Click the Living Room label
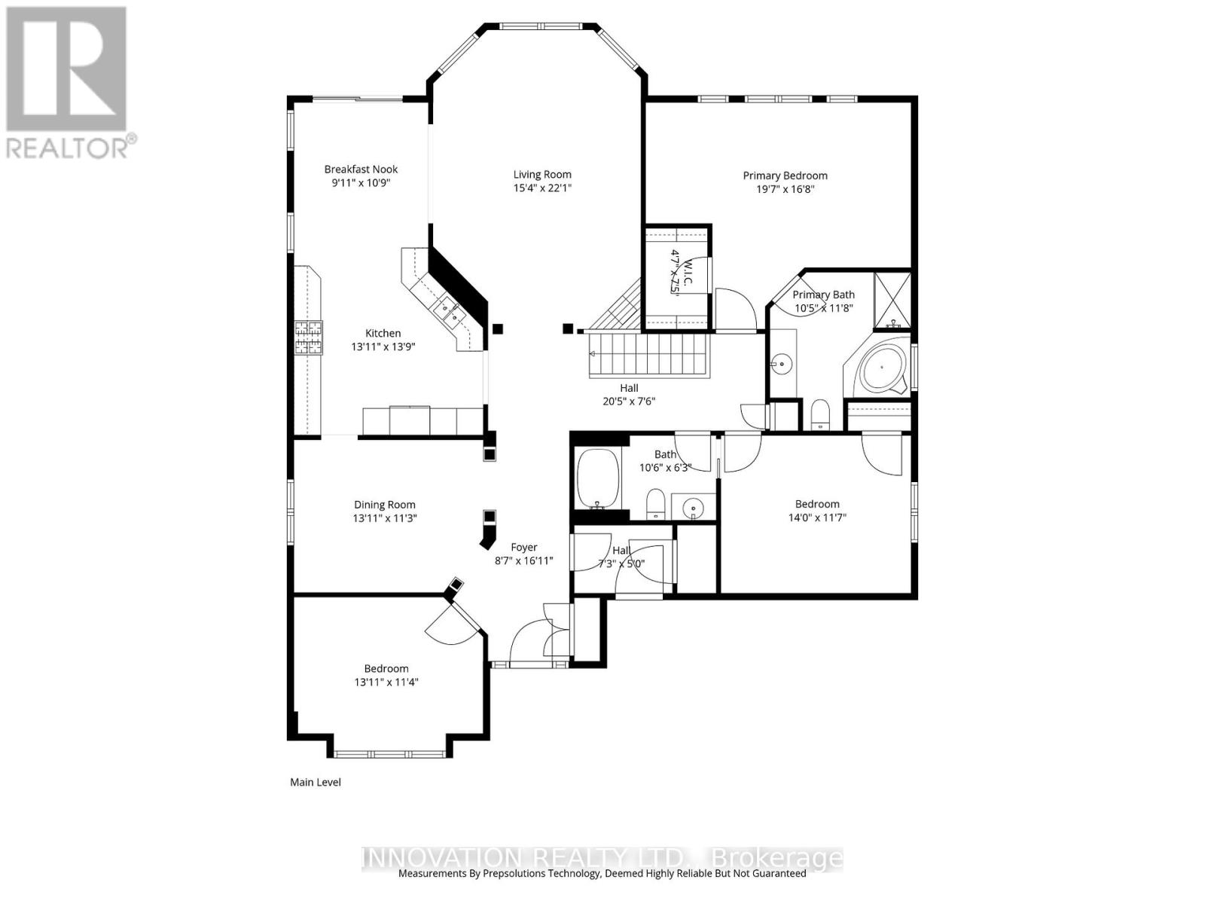(x=542, y=175)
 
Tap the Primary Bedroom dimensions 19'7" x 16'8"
(x=786, y=189)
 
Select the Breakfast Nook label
(x=361, y=169)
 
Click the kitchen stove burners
(x=308, y=337)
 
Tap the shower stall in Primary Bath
(x=892, y=301)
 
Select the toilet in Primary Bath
(x=819, y=415)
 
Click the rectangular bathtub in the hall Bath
(x=597, y=478)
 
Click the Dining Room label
(x=385, y=505)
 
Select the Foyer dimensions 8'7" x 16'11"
(x=524, y=561)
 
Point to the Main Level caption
(x=316, y=783)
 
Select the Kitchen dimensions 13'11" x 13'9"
(x=383, y=347)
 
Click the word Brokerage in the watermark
(x=777, y=858)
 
